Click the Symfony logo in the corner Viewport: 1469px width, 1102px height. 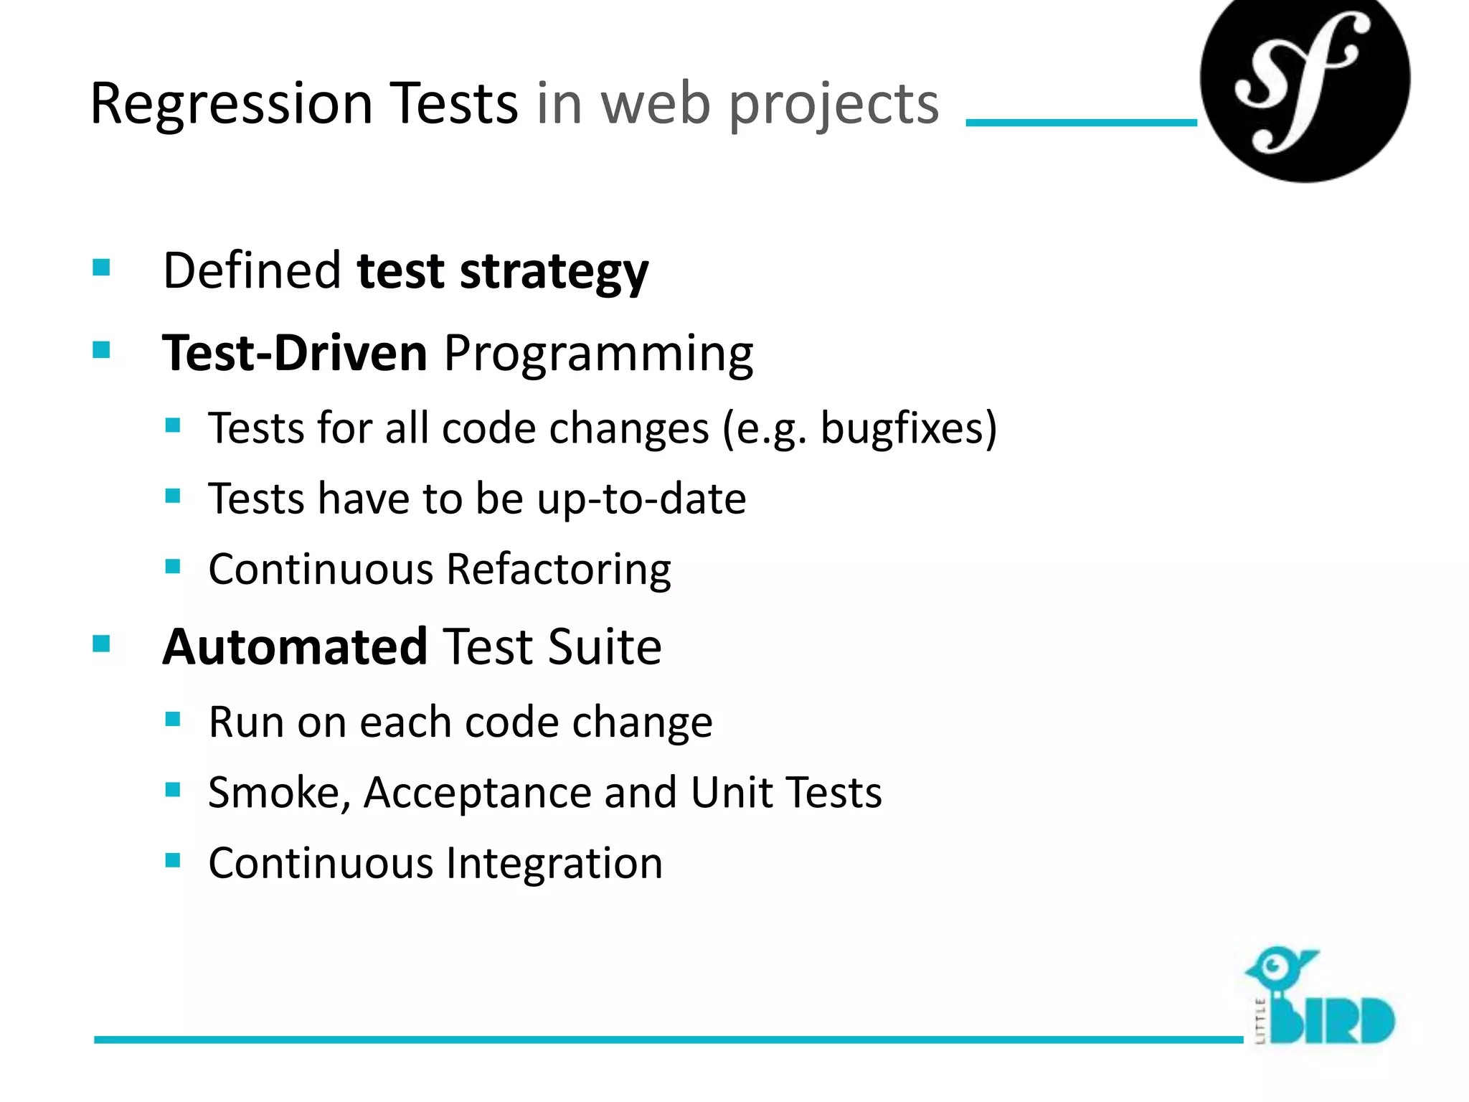tap(1304, 80)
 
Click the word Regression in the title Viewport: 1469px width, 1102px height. tap(231, 105)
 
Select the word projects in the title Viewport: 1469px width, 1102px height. tap(833, 105)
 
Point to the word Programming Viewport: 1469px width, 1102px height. tap(598, 354)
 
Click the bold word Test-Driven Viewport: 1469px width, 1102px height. tap(295, 354)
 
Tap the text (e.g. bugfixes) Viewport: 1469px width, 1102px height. tap(859, 429)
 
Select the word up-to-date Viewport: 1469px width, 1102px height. tap(641, 499)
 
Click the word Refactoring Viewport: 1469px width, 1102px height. tap(558, 570)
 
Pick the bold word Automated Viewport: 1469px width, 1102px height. tap(295, 647)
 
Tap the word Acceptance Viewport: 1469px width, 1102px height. tap(476, 793)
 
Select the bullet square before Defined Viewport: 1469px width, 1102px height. tap(101, 268)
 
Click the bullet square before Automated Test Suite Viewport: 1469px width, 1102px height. tap(101, 644)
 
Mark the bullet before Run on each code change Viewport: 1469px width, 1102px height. tap(172, 720)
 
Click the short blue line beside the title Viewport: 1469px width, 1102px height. tap(1081, 123)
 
